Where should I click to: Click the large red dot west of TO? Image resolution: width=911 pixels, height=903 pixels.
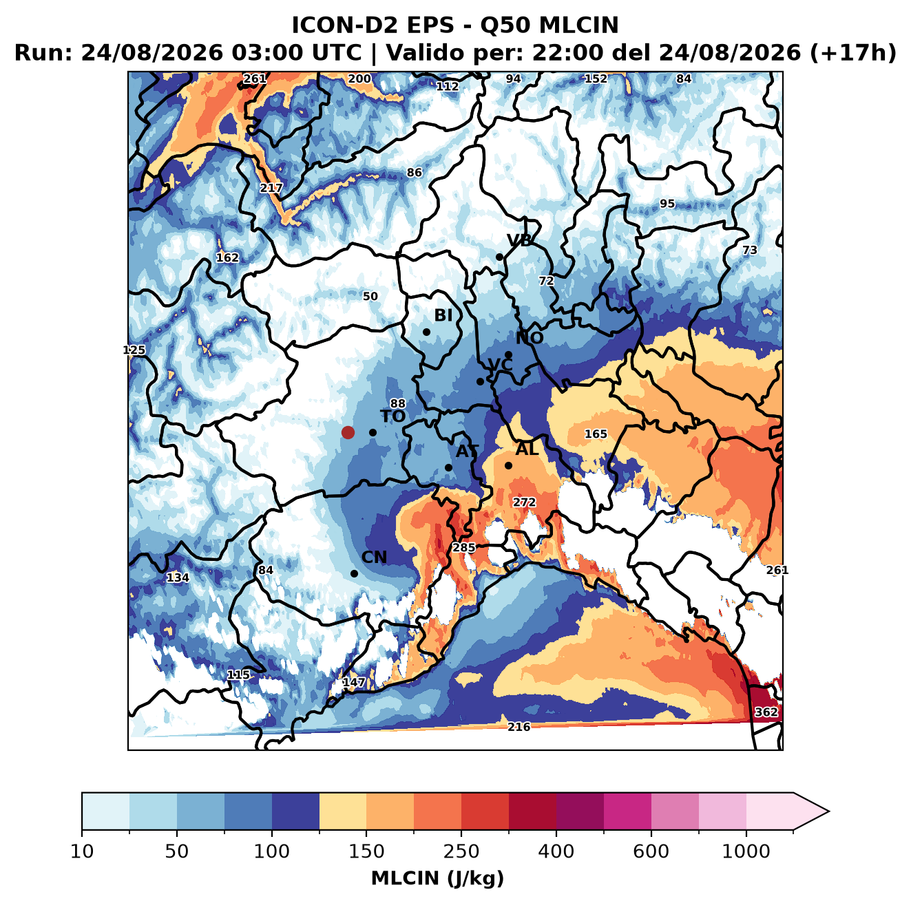[348, 432]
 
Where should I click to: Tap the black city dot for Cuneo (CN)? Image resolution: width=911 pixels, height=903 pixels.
[354, 573]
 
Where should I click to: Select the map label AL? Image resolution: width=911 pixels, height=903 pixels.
[527, 449]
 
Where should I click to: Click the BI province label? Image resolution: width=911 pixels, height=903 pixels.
[443, 315]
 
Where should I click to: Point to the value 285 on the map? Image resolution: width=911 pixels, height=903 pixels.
[464, 548]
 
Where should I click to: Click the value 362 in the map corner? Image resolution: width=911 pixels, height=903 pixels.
[766, 712]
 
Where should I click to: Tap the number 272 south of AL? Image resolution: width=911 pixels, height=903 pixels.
[524, 502]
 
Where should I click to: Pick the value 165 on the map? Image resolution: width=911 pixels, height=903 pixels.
[596, 434]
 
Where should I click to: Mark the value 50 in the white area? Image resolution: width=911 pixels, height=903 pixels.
[370, 296]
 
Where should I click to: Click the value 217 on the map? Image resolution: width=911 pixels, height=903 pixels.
[271, 188]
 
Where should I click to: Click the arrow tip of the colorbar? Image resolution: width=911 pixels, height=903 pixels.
[829, 812]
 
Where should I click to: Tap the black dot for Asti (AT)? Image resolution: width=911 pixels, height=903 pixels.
[448, 467]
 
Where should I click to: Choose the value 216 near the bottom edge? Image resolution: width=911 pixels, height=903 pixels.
[519, 727]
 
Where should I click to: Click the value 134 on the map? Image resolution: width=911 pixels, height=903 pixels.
[178, 577]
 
